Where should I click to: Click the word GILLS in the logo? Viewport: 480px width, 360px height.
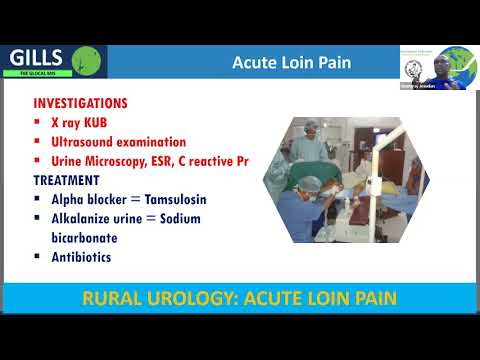(x=37, y=57)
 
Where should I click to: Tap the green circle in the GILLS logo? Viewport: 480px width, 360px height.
(x=91, y=60)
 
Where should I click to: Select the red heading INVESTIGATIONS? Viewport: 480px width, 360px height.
(x=80, y=104)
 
